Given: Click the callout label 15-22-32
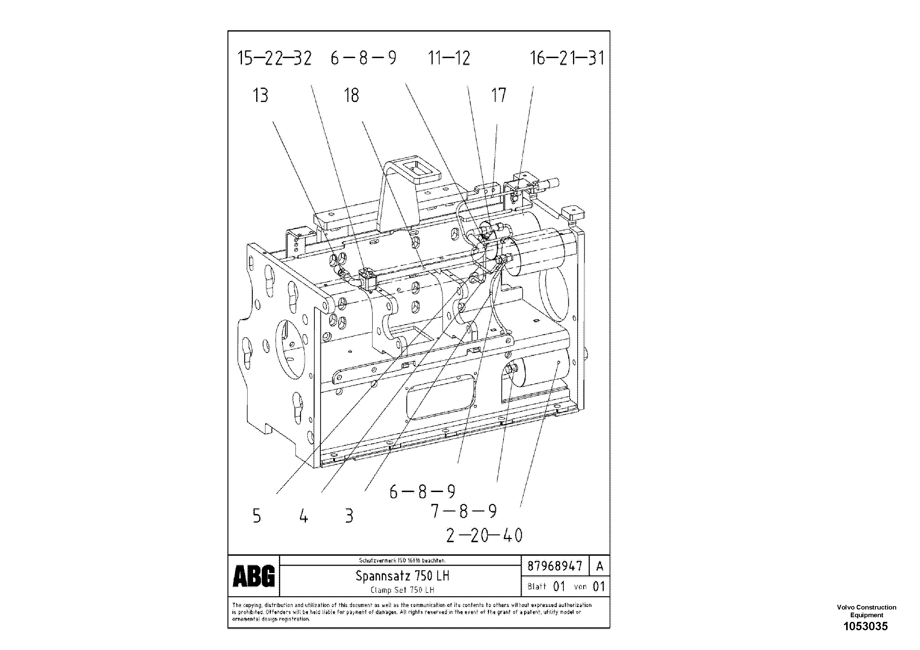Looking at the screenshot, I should (x=274, y=58).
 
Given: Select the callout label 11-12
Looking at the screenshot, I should (x=449, y=58).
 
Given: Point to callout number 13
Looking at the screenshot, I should (x=261, y=96).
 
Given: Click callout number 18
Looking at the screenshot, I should (x=351, y=96).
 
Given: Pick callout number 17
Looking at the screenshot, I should (x=499, y=96).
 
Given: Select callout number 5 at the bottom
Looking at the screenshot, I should (x=257, y=516).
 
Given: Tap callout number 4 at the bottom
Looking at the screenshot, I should (x=304, y=516).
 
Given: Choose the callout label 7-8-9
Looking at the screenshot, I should (x=464, y=511).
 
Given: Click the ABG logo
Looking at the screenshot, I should (x=254, y=576).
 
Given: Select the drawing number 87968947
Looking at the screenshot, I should (x=554, y=566).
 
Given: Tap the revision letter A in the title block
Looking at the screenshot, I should (x=600, y=566).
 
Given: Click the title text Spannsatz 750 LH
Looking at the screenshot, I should (x=402, y=576).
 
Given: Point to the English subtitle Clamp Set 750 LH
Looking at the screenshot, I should (x=402, y=590).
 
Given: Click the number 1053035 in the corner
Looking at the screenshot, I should (x=866, y=627).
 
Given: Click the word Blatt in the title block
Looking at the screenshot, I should (x=536, y=587).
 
